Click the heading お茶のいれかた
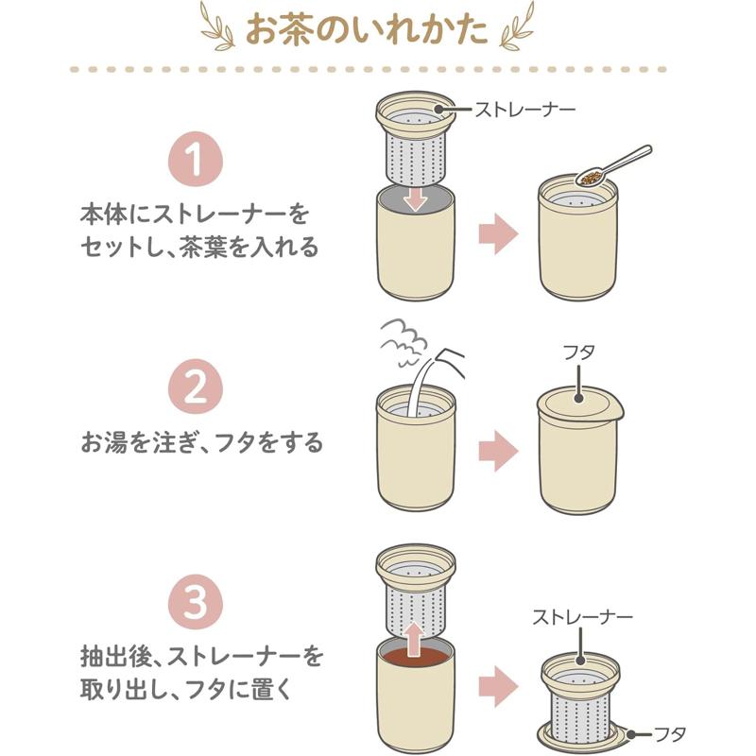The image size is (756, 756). point(367,30)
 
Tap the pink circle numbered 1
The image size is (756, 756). point(196,159)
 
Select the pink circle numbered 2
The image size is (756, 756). point(196,387)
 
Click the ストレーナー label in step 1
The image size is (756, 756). point(525,110)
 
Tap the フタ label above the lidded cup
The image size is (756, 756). point(578,352)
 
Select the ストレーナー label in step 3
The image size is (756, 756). point(582,617)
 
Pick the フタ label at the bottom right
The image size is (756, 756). point(669,734)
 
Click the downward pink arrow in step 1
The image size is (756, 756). point(415,198)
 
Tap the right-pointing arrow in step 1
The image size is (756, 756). point(498,233)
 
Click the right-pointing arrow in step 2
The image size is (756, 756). point(498,451)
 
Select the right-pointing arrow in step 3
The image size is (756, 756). point(498,687)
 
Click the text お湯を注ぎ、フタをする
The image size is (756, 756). point(201,442)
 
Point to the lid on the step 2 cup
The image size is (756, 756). point(580,404)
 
